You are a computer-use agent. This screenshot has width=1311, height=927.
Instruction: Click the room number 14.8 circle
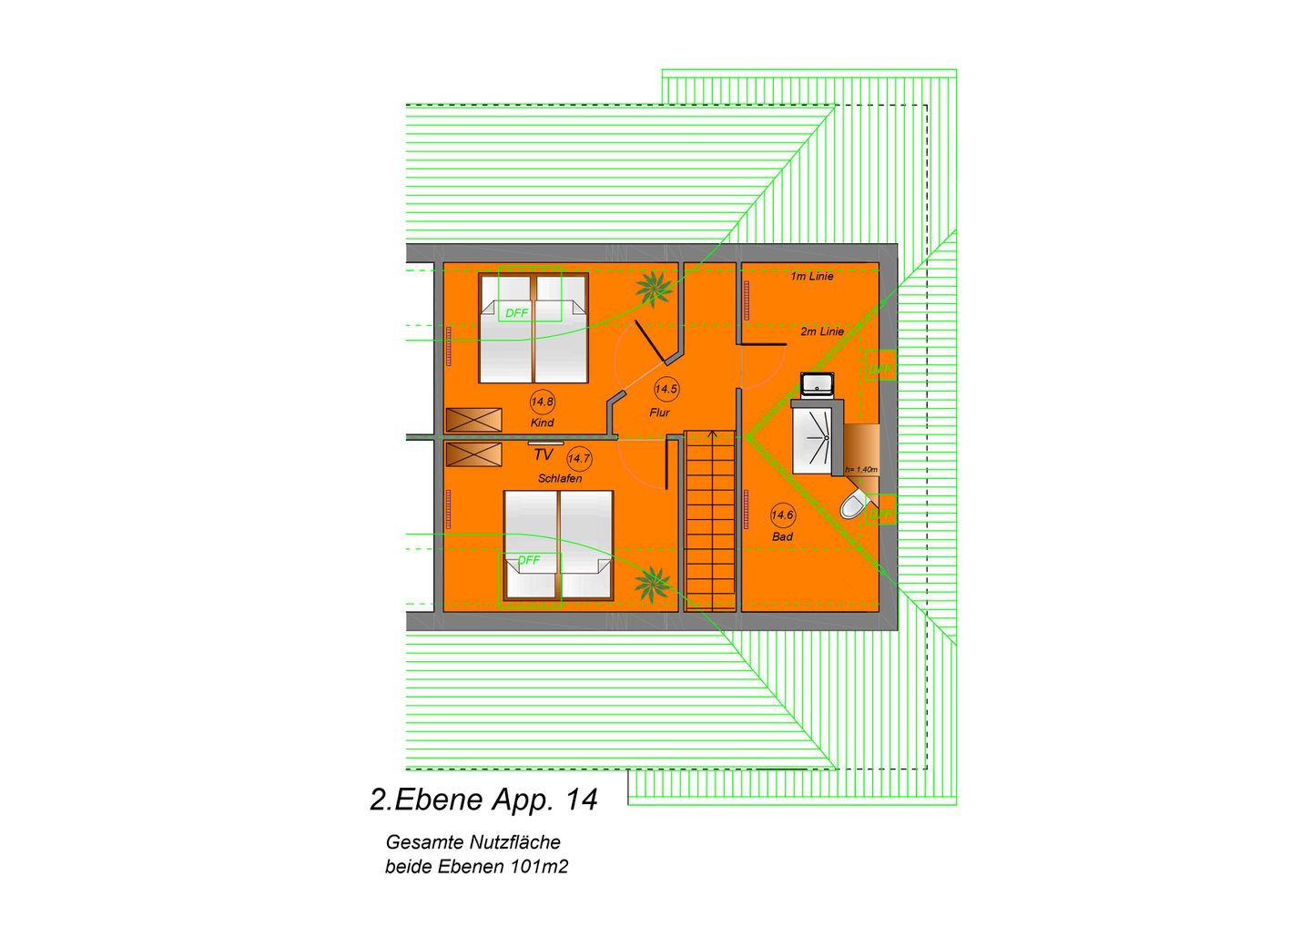tap(542, 402)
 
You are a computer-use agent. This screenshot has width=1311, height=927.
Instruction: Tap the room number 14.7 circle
tap(579, 459)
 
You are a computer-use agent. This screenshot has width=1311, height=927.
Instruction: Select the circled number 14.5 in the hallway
tap(666, 389)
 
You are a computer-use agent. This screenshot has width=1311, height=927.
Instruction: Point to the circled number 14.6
tap(782, 515)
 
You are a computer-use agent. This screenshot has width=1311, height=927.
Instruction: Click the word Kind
tap(542, 423)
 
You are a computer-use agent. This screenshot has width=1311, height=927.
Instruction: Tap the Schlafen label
tap(560, 478)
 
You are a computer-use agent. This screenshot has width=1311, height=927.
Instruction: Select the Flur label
tap(660, 413)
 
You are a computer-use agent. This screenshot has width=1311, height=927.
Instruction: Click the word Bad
tap(782, 536)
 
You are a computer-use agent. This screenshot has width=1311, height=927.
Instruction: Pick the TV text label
tap(544, 454)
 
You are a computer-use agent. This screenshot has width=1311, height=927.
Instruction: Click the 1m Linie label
tap(811, 276)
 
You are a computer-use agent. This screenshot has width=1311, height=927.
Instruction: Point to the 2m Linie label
tap(822, 331)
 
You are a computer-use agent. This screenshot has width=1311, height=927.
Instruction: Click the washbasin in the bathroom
tap(818, 384)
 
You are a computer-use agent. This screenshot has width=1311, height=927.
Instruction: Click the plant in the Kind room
tap(655, 288)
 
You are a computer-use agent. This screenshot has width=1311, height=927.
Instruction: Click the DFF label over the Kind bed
tap(516, 312)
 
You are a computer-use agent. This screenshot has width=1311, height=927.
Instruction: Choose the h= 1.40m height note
tap(861, 469)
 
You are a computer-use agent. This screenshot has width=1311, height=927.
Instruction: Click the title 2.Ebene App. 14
tap(483, 800)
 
